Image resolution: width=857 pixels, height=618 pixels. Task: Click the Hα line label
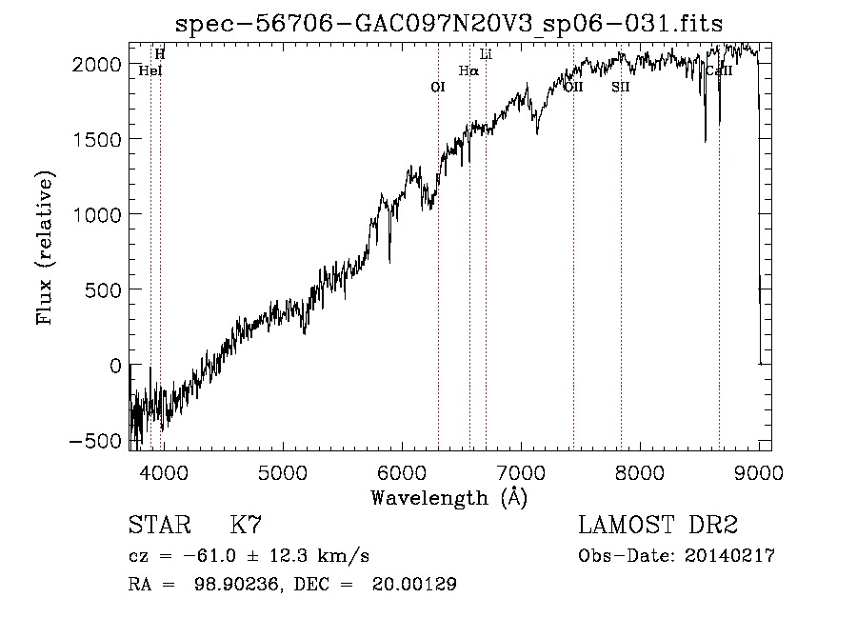point(468,70)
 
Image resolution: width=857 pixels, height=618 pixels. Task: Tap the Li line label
point(486,54)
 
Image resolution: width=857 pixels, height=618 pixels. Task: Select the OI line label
point(438,87)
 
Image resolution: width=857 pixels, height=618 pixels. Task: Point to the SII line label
point(621,87)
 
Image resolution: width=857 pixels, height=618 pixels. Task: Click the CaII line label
point(718,70)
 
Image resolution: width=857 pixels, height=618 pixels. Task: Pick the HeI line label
point(149,70)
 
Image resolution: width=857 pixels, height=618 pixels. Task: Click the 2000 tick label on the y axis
point(99,63)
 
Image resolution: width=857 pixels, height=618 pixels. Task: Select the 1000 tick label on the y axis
point(99,214)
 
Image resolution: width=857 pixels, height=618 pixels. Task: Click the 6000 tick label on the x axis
point(401,471)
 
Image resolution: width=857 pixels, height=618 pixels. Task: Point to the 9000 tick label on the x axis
point(759,471)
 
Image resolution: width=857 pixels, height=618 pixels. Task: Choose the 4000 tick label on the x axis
point(162,471)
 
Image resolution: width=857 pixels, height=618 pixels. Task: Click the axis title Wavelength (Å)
point(448,497)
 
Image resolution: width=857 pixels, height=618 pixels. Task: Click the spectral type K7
point(246,526)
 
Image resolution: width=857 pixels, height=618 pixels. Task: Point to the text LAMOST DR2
point(658,526)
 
